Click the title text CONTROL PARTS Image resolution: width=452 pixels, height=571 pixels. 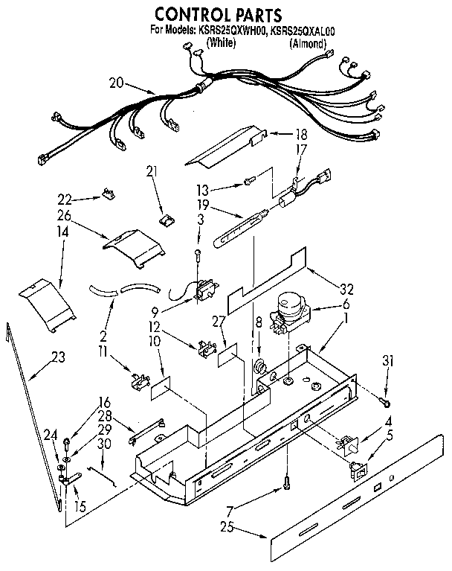217,14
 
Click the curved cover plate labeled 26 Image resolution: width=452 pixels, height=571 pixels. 134,246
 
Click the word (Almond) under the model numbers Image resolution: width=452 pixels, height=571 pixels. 307,45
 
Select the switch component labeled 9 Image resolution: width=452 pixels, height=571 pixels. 201,291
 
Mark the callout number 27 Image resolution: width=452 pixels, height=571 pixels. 216,322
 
